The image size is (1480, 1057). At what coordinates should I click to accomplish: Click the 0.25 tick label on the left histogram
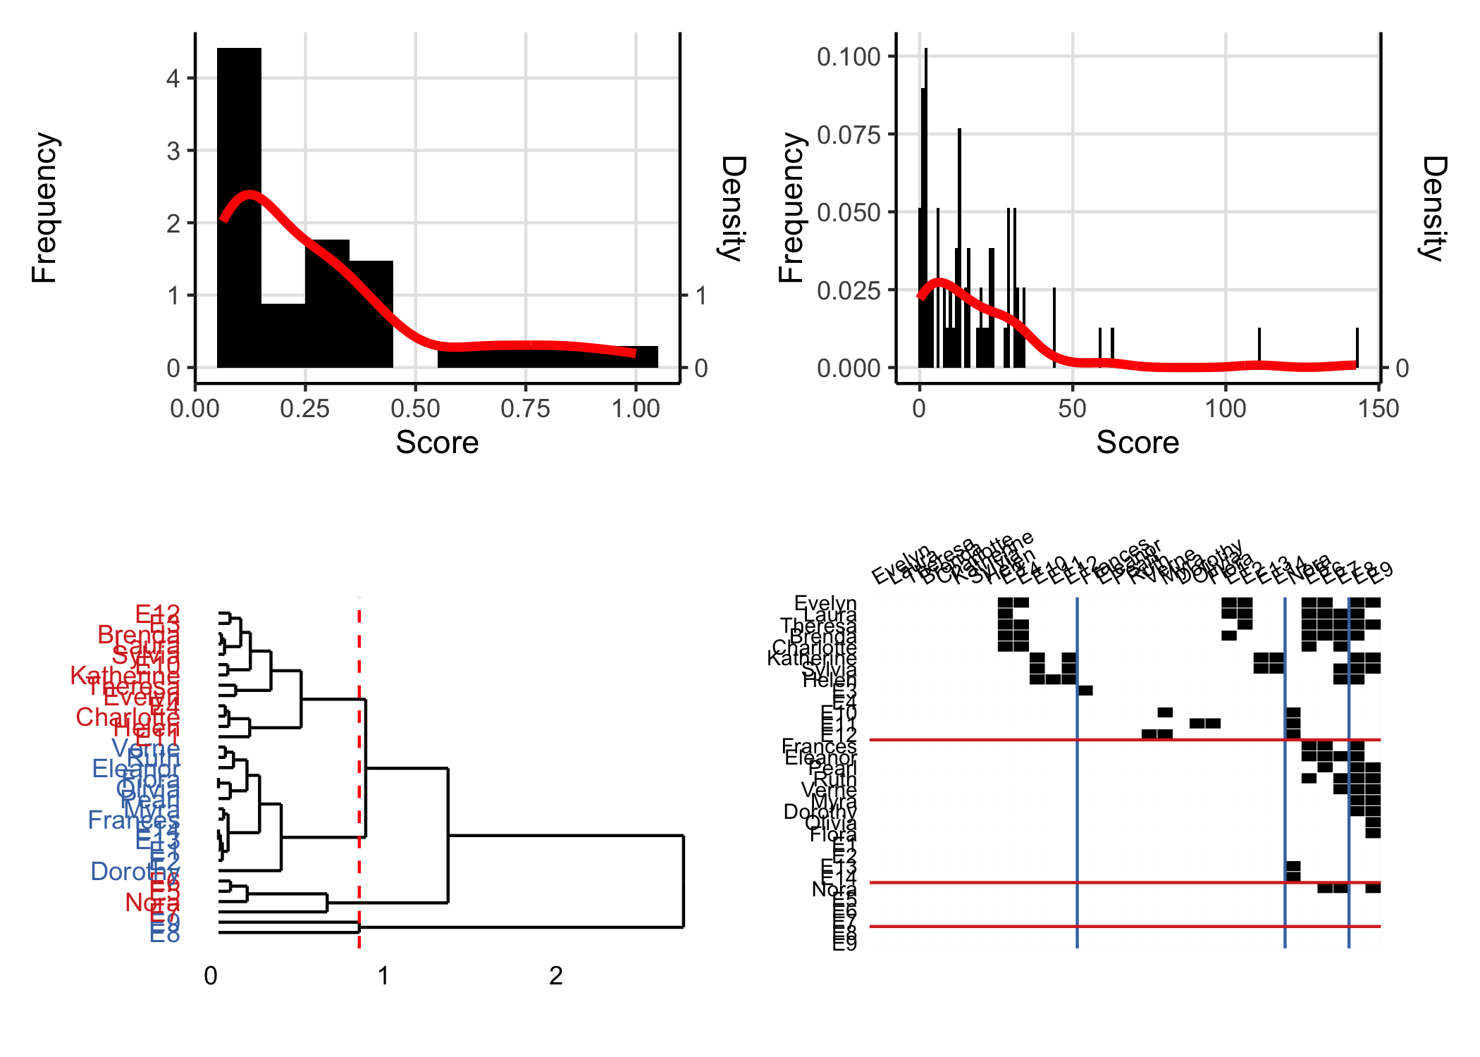(304, 409)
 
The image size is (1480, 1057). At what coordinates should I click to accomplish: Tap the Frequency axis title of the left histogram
(44, 208)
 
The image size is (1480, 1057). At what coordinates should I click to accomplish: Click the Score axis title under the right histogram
(1137, 443)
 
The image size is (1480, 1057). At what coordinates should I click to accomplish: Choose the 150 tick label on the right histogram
(1378, 409)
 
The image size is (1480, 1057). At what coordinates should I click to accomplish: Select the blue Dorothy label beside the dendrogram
(134, 872)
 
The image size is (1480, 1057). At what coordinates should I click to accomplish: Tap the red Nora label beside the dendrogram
(151, 902)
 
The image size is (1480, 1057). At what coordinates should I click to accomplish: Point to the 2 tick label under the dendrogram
(555, 976)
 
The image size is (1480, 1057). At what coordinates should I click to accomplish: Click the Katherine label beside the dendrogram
(124, 676)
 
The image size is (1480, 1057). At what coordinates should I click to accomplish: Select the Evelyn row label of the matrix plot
(825, 603)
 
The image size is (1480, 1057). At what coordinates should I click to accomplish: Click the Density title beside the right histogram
(1433, 208)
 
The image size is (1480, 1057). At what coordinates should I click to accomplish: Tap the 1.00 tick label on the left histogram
(635, 409)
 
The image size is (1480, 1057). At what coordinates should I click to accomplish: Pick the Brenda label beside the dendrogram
(138, 635)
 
